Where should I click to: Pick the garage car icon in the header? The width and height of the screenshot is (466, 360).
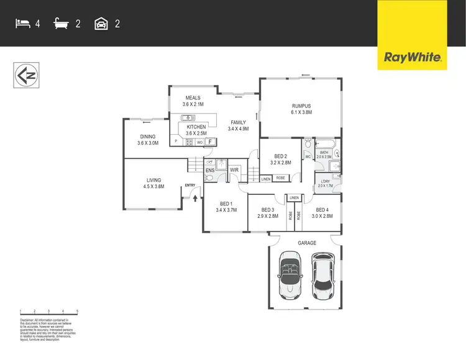[101, 24]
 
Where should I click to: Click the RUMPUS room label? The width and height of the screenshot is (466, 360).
[300, 106]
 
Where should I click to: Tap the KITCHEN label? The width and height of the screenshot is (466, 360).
[196, 127]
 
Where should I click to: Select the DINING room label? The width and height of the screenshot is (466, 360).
[147, 137]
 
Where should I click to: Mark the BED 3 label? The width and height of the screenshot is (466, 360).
[268, 210]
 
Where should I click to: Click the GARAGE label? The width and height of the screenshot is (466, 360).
[306, 243]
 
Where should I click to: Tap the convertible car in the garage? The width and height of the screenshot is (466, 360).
[290, 275]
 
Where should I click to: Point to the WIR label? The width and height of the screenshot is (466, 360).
[235, 169]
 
